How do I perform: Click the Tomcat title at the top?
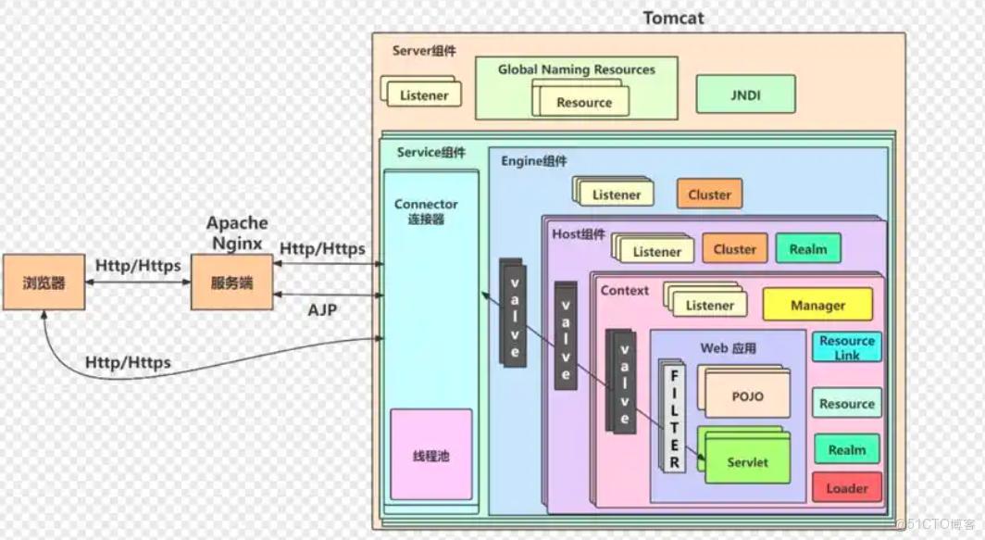pyautogui.click(x=673, y=19)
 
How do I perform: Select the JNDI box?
pyautogui.click(x=745, y=94)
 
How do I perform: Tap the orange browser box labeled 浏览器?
pyautogui.click(x=44, y=283)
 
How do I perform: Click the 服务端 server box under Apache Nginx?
pyautogui.click(x=231, y=283)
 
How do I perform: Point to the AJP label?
pyautogui.click(x=322, y=310)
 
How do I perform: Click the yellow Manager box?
pyautogui.click(x=817, y=305)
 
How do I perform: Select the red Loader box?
pyautogui.click(x=846, y=488)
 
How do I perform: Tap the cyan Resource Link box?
pyautogui.click(x=846, y=348)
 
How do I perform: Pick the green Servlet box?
pyautogui.click(x=747, y=462)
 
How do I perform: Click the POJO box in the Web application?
pyautogui.click(x=747, y=396)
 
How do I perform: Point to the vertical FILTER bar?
pyautogui.click(x=674, y=416)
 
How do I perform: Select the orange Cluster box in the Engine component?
pyautogui.click(x=709, y=195)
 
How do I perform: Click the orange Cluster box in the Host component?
pyautogui.click(x=735, y=249)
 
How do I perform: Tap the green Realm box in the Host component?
pyautogui.click(x=808, y=249)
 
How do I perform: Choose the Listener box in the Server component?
pyautogui.click(x=424, y=95)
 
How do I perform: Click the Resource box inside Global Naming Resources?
pyautogui.click(x=584, y=103)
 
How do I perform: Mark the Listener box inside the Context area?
pyautogui.click(x=710, y=306)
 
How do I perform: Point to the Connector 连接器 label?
pyautogui.click(x=426, y=211)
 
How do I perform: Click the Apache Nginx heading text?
pyautogui.click(x=237, y=232)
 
